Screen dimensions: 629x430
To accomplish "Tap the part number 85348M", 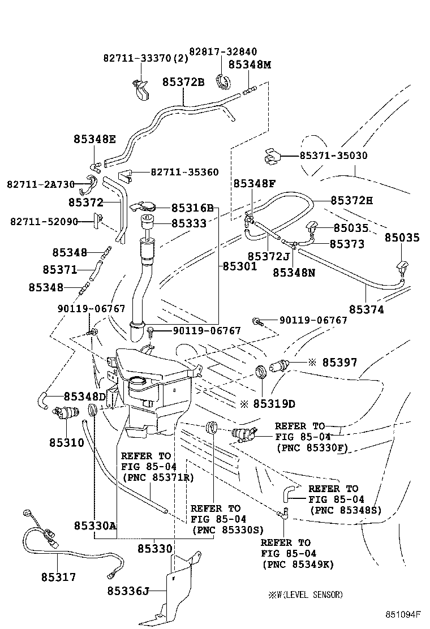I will (250, 64).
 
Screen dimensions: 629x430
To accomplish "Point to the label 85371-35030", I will (333, 156).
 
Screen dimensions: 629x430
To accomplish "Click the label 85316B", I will (192, 209).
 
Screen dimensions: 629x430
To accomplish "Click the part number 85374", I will (366, 309).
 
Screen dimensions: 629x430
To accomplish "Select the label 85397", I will (339, 363).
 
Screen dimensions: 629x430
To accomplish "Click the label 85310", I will (66, 442).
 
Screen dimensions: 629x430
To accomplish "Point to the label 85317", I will (58, 577).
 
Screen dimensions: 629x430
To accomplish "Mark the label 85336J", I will (127, 591).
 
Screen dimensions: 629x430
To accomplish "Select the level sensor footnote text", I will (306, 594).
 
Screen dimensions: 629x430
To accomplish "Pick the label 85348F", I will (254, 184).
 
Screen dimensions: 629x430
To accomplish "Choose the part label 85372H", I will (351, 200).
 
